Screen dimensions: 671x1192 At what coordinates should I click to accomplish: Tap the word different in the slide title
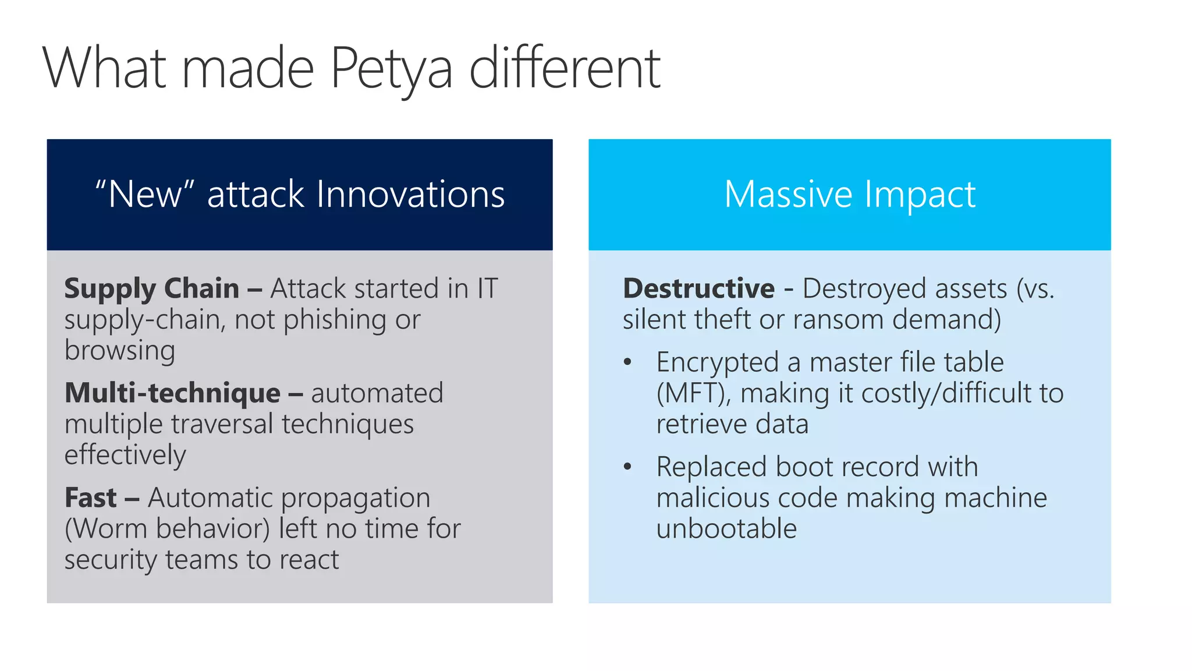pos(565,69)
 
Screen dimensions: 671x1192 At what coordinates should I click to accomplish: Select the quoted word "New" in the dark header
pos(144,195)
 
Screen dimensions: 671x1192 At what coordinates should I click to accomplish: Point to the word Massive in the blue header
pos(788,195)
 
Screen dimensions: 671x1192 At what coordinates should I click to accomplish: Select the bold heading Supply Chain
pos(151,289)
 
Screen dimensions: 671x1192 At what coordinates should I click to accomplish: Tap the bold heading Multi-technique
pos(172,393)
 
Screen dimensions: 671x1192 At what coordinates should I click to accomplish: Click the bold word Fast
pos(91,498)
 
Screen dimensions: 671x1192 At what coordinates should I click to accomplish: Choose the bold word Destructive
pos(698,289)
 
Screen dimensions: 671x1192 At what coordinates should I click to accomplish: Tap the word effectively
pos(125,455)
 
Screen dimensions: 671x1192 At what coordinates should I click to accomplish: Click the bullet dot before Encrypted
pos(627,362)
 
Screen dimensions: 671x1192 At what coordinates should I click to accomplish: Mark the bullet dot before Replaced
pos(627,467)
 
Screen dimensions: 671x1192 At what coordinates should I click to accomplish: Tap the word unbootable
pos(726,529)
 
